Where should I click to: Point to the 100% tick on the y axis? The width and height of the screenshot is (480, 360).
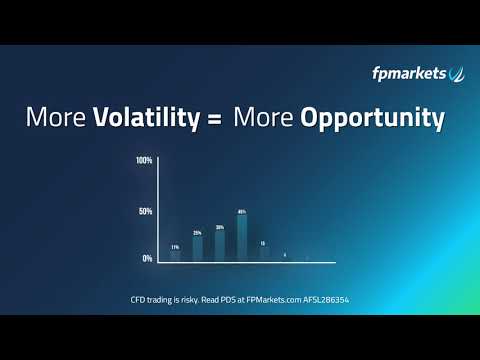[x=144, y=161]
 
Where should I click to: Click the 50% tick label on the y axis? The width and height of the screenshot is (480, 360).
[x=146, y=212]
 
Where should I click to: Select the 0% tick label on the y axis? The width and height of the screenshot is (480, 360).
[x=147, y=258]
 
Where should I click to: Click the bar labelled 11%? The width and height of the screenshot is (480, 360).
[x=175, y=256]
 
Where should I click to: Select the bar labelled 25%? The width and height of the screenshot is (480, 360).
[x=197, y=248]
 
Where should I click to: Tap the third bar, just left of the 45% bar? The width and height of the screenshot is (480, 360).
[x=220, y=246]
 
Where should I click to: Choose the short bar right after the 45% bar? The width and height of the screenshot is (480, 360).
[x=264, y=255]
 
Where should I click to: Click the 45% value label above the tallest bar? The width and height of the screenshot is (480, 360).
[x=242, y=212]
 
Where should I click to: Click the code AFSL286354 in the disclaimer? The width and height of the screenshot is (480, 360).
[x=321, y=300]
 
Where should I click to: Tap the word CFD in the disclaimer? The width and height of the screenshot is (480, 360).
[x=139, y=300]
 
